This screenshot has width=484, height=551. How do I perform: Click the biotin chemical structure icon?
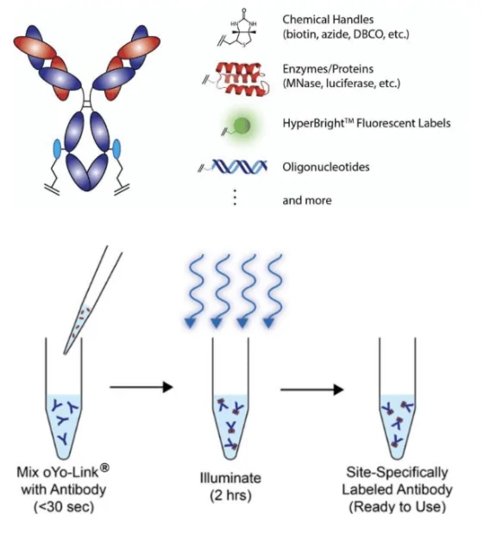(238, 28)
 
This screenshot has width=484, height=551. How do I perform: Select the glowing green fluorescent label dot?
(242, 125)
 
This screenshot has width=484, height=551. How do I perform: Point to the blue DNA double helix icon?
(234, 166)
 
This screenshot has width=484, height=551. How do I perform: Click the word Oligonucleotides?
(326, 167)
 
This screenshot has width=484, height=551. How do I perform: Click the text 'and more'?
(307, 200)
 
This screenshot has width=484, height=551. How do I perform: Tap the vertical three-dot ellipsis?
(235, 197)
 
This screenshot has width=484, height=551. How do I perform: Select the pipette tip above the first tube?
(92, 300)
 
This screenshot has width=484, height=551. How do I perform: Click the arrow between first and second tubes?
(141, 387)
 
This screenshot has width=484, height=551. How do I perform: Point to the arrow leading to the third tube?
(311, 390)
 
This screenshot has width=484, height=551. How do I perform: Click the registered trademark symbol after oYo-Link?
(104, 468)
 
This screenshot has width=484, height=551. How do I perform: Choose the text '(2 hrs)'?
(230, 496)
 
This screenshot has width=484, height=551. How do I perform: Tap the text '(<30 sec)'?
(64, 507)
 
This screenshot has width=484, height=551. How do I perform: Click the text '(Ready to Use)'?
(397, 507)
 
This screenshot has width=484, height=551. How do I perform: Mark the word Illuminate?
(230, 478)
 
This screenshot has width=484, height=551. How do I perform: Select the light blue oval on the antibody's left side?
(57, 148)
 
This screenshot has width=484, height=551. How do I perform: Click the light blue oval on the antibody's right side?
(116, 148)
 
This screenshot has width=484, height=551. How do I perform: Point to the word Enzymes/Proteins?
(328, 69)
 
